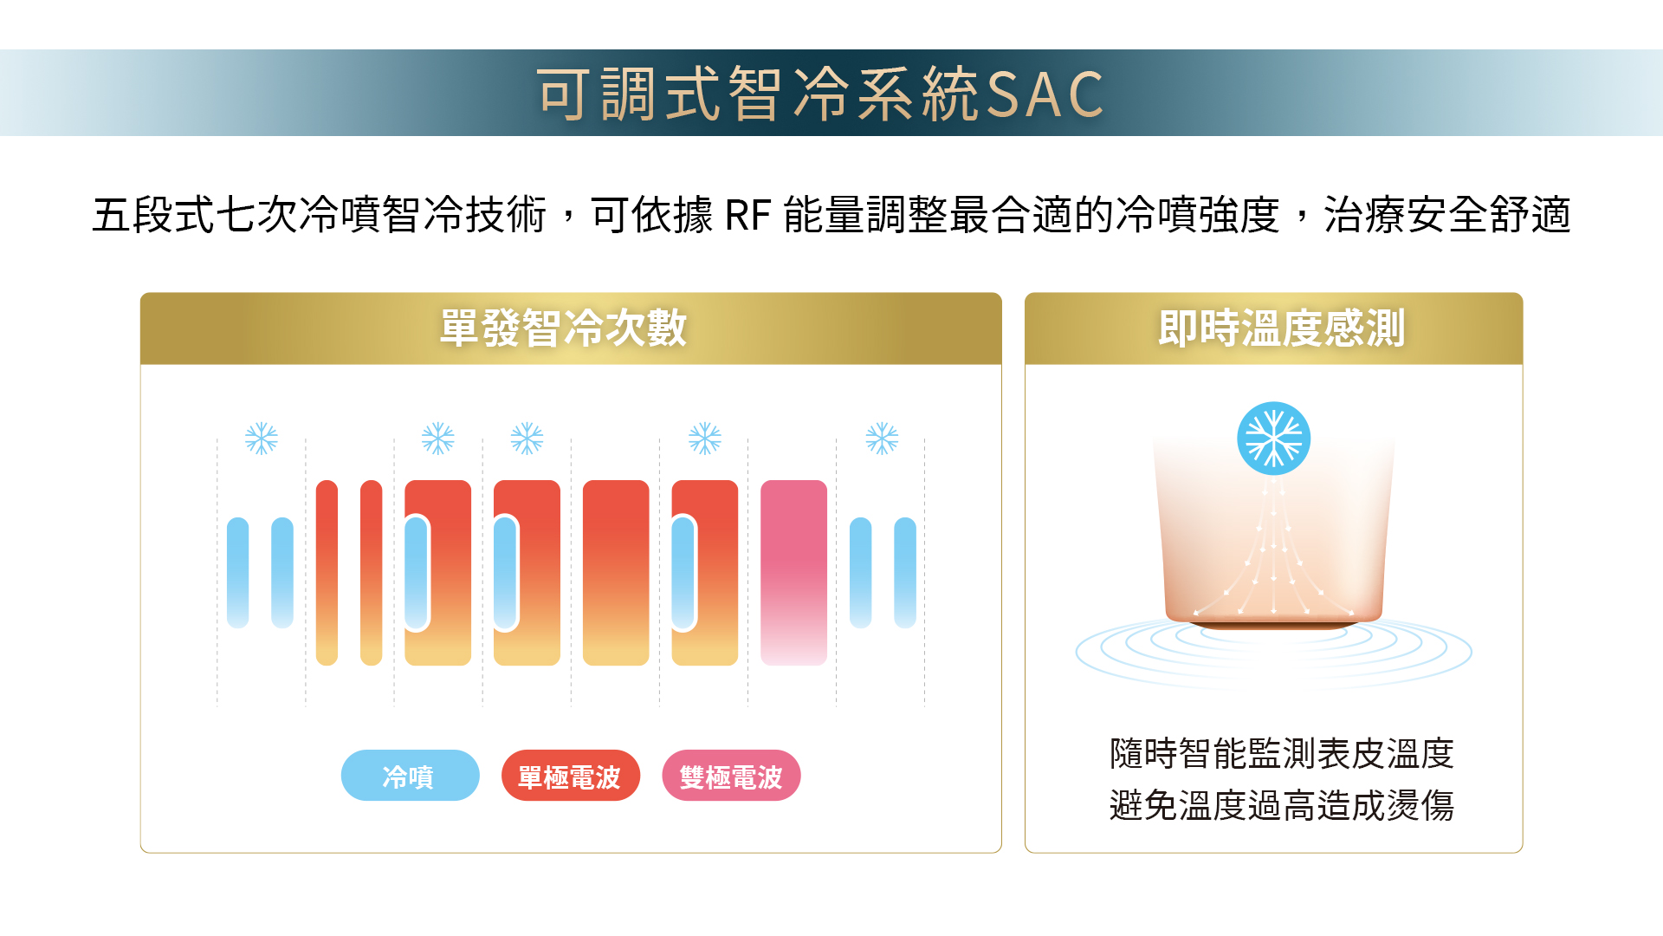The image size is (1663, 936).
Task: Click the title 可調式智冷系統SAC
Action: click(x=820, y=93)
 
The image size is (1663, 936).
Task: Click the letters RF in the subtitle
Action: click(x=747, y=216)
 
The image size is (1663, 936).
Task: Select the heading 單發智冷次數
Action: click(x=563, y=328)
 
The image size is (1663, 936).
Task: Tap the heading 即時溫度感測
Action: click(x=1281, y=328)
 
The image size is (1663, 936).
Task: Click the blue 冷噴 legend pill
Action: click(x=410, y=776)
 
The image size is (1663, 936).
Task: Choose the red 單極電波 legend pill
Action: click(x=570, y=776)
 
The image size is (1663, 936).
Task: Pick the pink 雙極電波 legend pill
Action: click(x=731, y=776)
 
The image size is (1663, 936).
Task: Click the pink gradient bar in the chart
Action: click(x=793, y=573)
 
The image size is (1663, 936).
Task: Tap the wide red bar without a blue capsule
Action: click(x=616, y=573)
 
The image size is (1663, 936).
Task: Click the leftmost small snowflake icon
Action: click(x=261, y=439)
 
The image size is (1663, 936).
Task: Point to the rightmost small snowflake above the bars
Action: click(x=882, y=439)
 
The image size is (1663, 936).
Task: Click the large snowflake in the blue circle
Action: click(x=1273, y=439)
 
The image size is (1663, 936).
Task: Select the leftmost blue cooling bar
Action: click(x=237, y=573)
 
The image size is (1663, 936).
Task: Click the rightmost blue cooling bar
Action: click(x=905, y=573)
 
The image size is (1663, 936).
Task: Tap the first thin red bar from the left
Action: click(x=327, y=573)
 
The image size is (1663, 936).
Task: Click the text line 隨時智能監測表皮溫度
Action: click(x=1281, y=753)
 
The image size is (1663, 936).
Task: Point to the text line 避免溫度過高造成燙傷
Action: click(x=1281, y=805)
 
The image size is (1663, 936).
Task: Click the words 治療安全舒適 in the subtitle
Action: click(x=1447, y=215)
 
